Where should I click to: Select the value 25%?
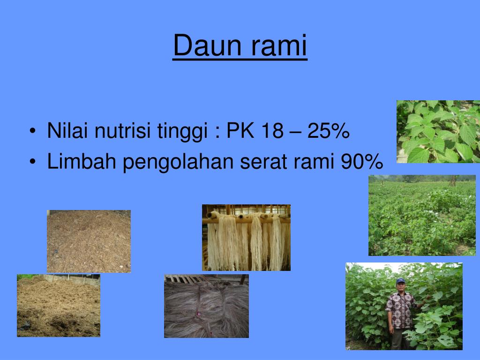pos(329,132)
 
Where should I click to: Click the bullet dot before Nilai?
pos(31,133)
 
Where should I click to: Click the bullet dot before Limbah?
pos(31,163)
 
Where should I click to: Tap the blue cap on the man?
pos(400,281)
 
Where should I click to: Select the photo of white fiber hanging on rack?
pos(246,238)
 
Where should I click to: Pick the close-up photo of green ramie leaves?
pos(438,131)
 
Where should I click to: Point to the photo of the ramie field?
pos(422,216)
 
